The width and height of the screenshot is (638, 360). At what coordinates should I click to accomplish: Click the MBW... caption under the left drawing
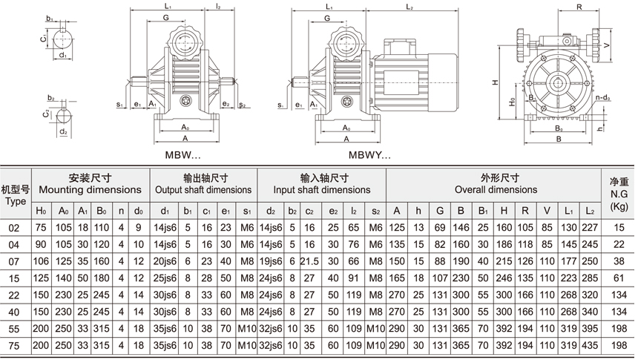[x=182, y=157]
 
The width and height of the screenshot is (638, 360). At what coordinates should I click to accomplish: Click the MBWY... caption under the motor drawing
[x=369, y=157]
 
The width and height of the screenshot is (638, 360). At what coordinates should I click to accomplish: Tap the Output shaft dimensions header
[x=204, y=189]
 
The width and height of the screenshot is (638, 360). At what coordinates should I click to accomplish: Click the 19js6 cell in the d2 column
[x=270, y=261]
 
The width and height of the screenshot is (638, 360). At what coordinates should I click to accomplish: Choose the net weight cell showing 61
[x=619, y=277]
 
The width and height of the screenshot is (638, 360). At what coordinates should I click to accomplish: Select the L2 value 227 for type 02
[x=591, y=228]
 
